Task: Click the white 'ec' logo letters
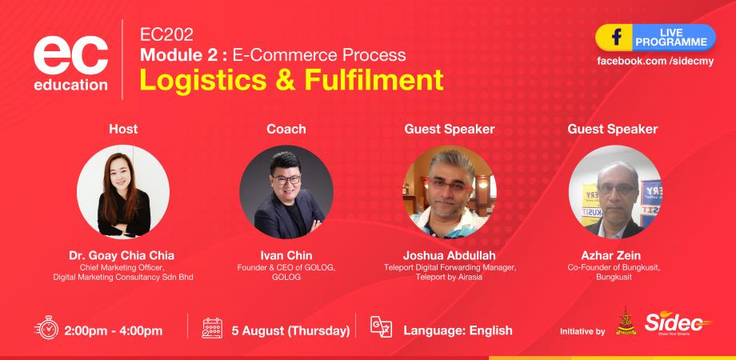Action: coord(70,54)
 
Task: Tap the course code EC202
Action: coord(166,34)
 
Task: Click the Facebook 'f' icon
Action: coord(617,37)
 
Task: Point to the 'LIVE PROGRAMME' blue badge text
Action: coord(670,37)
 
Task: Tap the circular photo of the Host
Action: coord(122,192)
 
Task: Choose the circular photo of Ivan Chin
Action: coord(286,192)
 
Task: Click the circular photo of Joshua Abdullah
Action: coord(449,192)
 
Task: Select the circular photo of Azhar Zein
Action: coord(614,192)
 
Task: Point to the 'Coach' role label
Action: coord(286,129)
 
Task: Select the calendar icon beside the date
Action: coord(212,329)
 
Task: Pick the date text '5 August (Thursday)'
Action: coord(290,330)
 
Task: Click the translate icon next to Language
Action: coord(381,328)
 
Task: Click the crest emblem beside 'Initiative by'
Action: coord(626,324)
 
